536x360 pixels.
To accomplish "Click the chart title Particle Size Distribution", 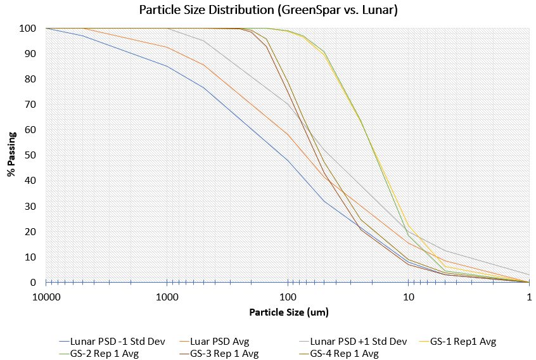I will (268, 11).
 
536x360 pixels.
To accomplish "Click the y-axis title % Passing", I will (11, 156).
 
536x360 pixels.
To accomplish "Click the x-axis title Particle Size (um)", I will (288, 312).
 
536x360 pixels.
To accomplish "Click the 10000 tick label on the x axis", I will (46, 297).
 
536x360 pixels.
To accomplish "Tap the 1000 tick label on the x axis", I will (167, 297).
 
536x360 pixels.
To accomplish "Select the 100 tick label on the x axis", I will (288, 297).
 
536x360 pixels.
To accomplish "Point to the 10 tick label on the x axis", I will (409, 297).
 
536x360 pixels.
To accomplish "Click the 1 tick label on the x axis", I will (529, 297).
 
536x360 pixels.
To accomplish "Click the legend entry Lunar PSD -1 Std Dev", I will (117, 342).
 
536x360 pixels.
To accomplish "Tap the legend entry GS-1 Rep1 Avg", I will (463, 342).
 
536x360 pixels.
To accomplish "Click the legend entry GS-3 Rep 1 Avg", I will (224, 353).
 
